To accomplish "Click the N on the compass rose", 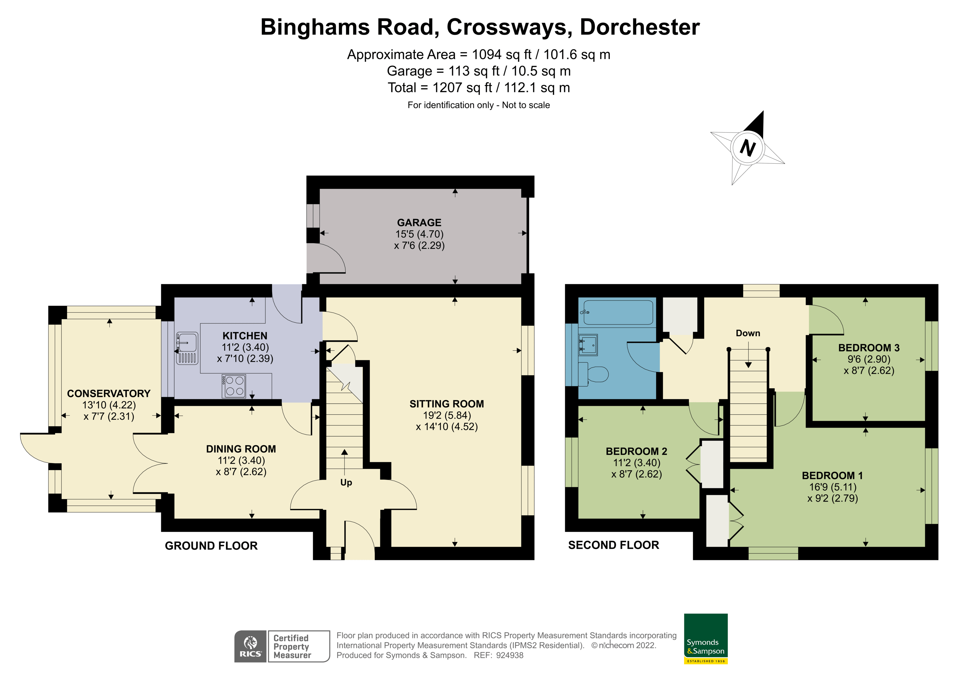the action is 748,148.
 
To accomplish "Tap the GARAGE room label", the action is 419,223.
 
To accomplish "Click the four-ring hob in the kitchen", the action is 234,386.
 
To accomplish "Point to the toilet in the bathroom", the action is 593,374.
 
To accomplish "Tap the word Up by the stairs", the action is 346,483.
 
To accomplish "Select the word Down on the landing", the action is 748,333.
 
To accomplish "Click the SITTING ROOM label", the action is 447,404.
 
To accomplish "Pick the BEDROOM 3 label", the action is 869,348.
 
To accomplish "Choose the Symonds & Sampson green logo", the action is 706,638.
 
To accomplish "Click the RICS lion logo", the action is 250,646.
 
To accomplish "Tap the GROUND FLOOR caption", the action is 211,546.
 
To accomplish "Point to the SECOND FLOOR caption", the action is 613,545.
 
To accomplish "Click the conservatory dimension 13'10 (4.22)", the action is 109,405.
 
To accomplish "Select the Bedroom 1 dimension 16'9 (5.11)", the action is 833,487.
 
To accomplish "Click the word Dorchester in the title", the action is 640,27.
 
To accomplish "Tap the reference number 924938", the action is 510,655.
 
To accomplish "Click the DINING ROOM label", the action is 241,449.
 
